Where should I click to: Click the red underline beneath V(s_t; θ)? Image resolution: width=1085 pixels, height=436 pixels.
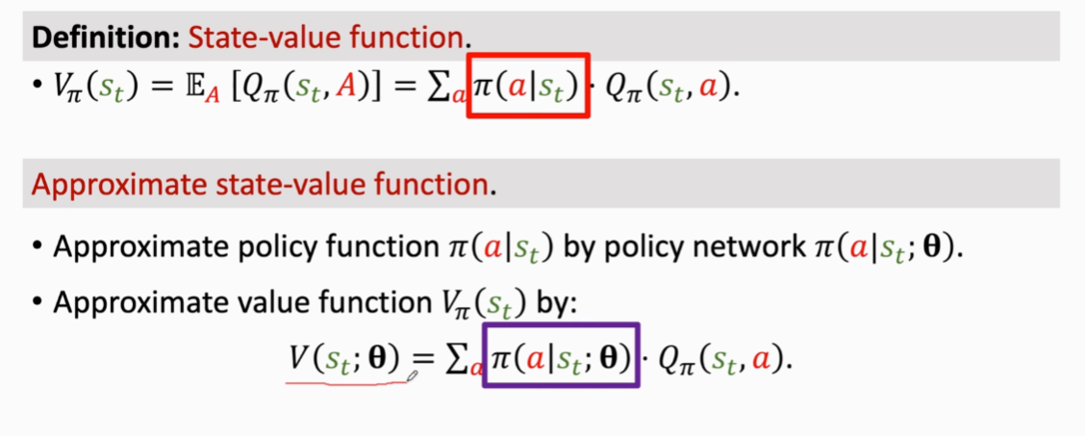(346, 381)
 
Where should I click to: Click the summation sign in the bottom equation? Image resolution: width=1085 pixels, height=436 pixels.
(460, 360)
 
